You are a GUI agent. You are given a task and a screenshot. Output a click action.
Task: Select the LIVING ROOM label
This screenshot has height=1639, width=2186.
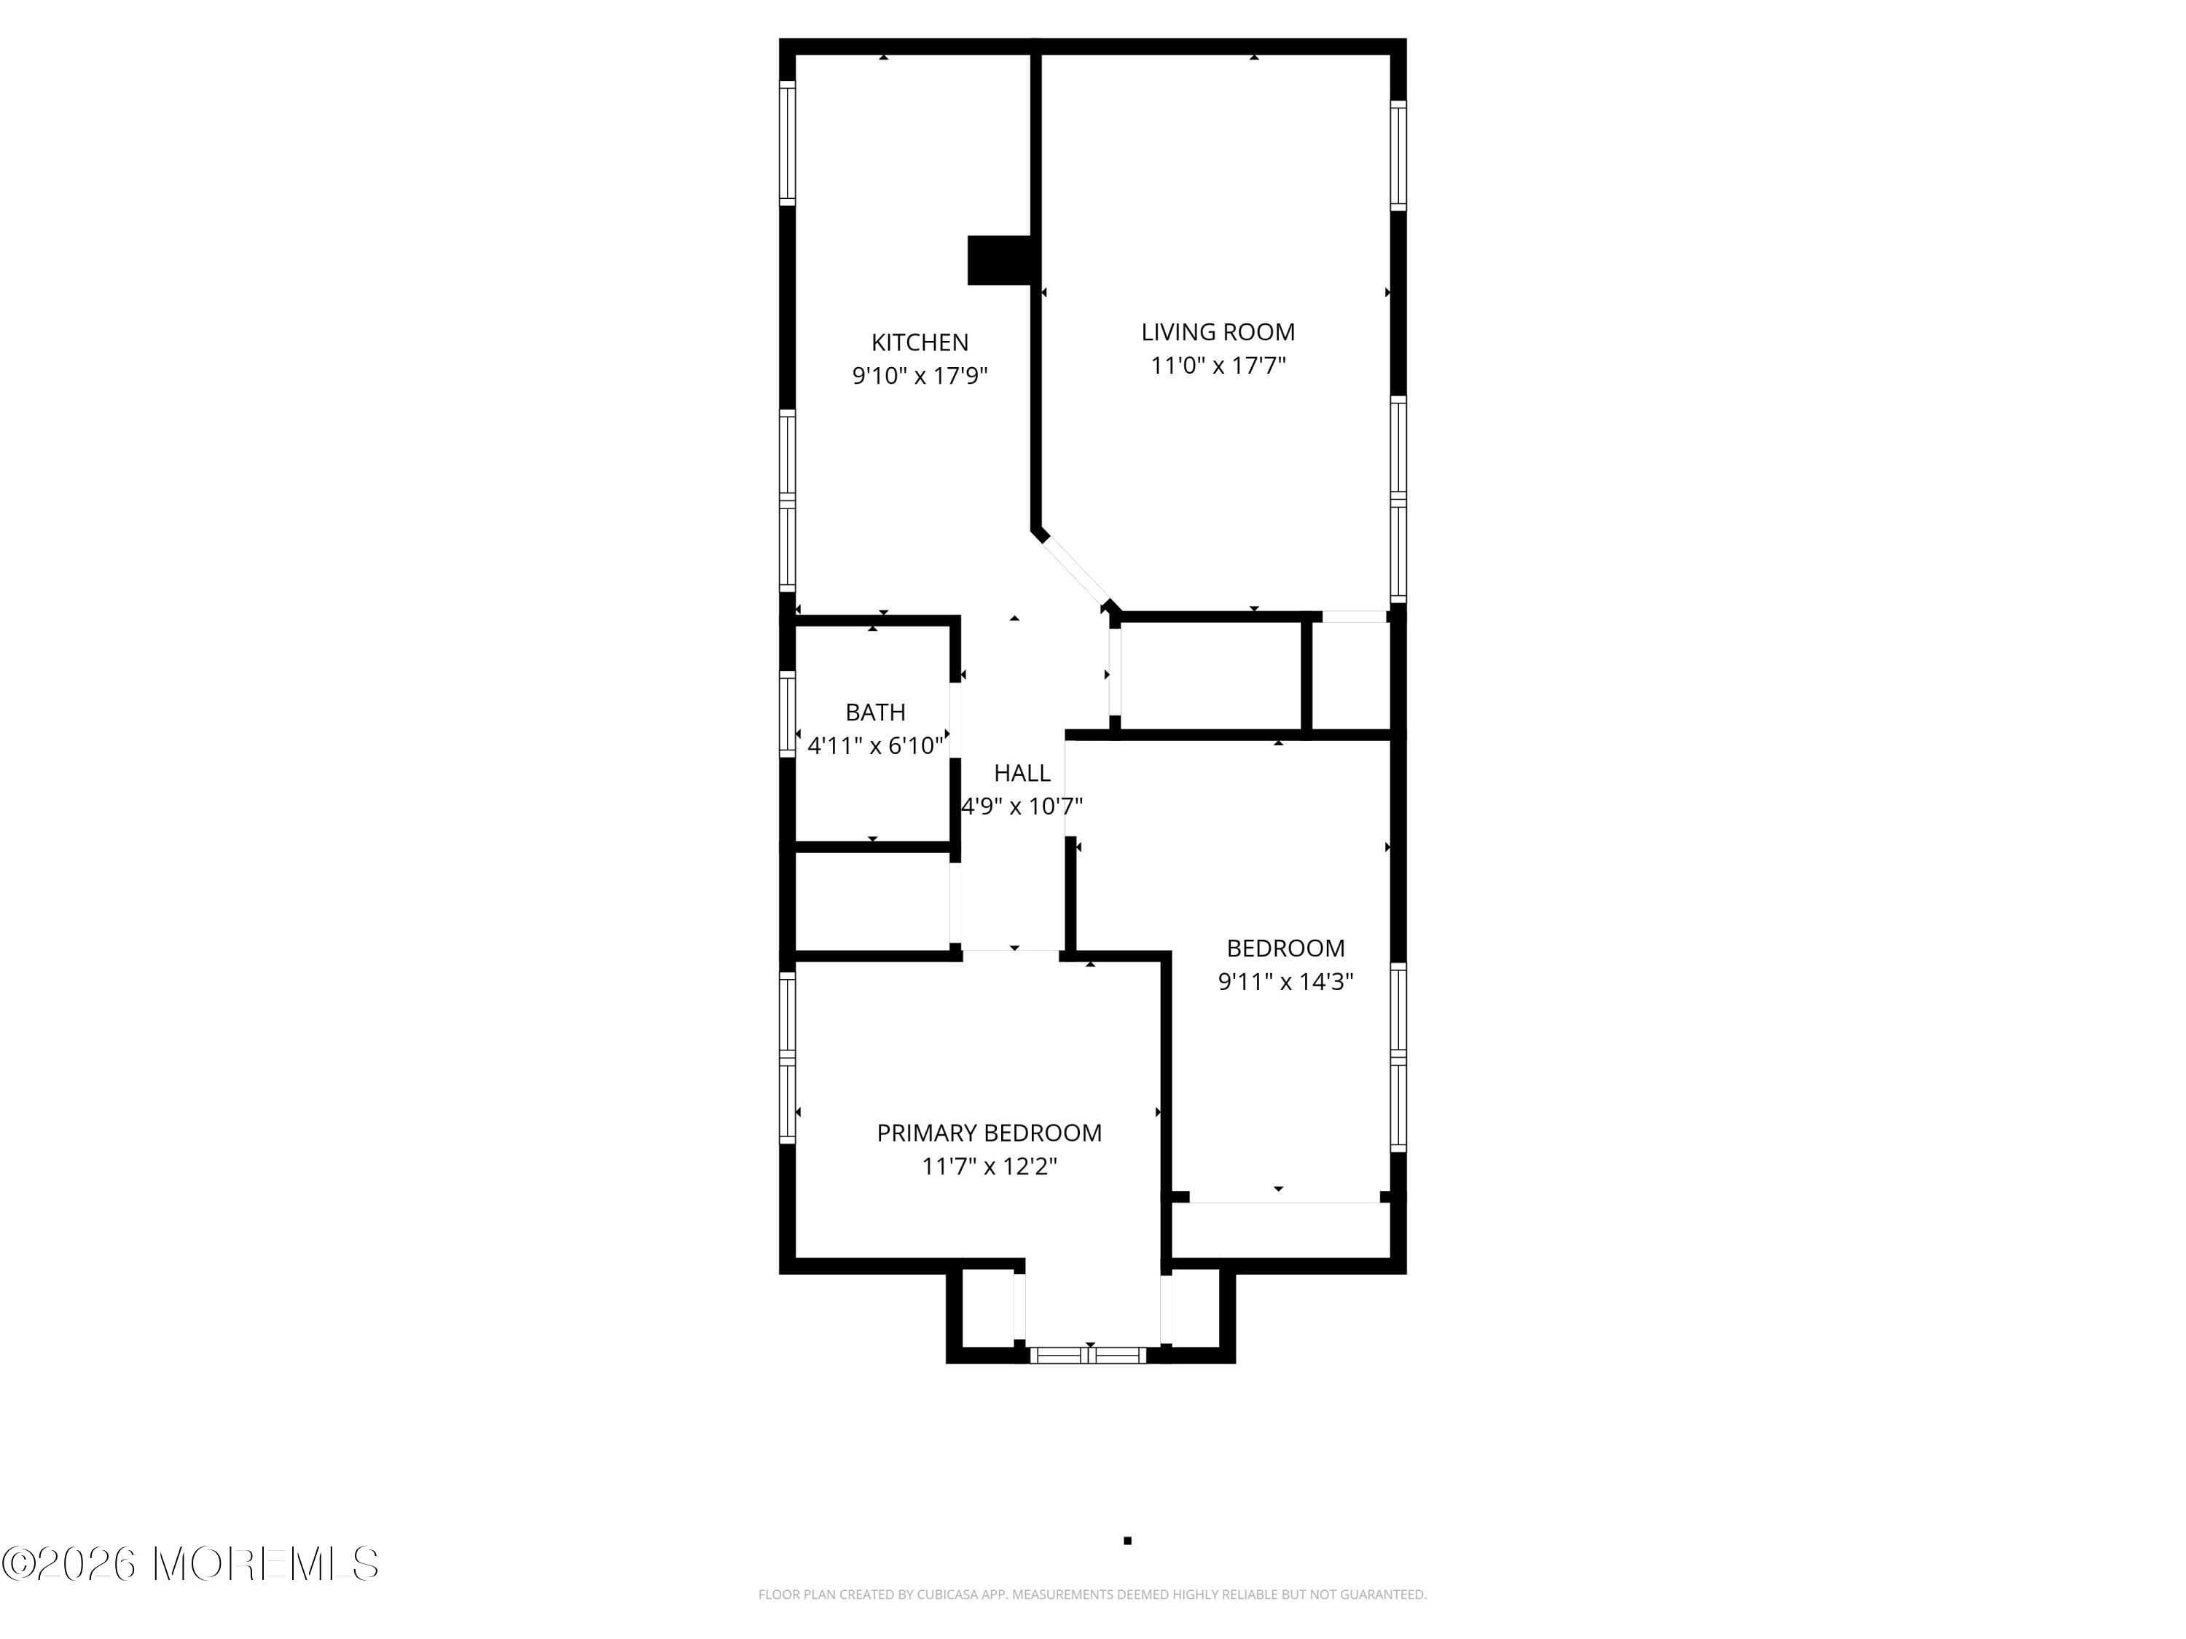click(x=1218, y=332)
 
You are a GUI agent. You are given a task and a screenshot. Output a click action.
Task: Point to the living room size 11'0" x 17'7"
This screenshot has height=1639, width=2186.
click(x=1218, y=366)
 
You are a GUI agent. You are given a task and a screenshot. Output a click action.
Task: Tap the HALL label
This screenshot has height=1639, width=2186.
click(x=1022, y=773)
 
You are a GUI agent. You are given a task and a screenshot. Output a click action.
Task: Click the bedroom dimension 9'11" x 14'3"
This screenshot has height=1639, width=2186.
click(x=1285, y=982)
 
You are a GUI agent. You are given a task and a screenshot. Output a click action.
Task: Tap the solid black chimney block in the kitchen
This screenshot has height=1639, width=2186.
click(x=999, y=261)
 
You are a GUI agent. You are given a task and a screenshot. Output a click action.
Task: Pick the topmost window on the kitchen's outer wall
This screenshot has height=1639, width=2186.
click(x=788, y=144)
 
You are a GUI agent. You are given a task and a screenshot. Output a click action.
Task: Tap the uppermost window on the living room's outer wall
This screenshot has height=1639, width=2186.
click(x=1398, y=155)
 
